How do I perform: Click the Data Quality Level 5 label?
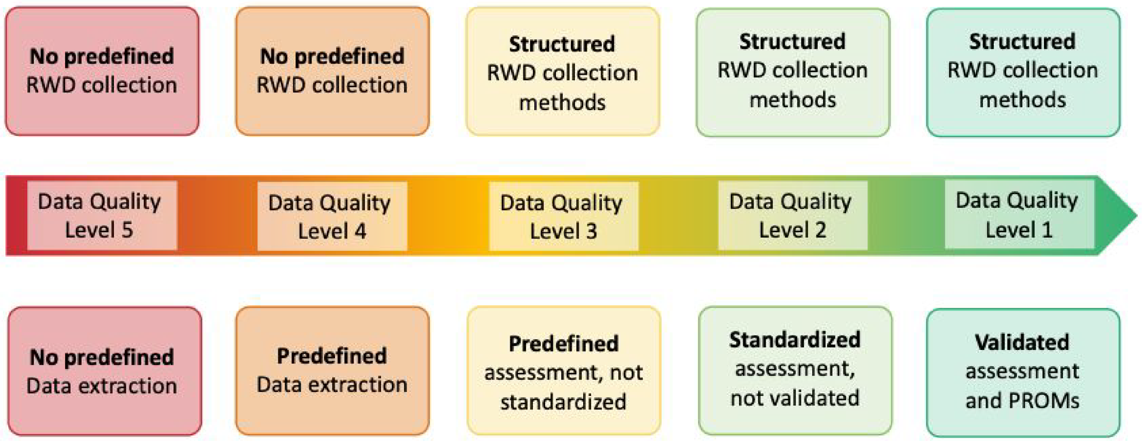[102, 215]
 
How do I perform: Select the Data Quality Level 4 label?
[332, 216]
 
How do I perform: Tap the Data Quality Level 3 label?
[563, 216]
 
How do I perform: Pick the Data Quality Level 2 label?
[792, 215]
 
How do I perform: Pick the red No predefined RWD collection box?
[102, 71]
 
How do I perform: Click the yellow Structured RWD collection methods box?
[563, 71]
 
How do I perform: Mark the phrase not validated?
[795, 398]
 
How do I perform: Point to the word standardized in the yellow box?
[563, 402]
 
